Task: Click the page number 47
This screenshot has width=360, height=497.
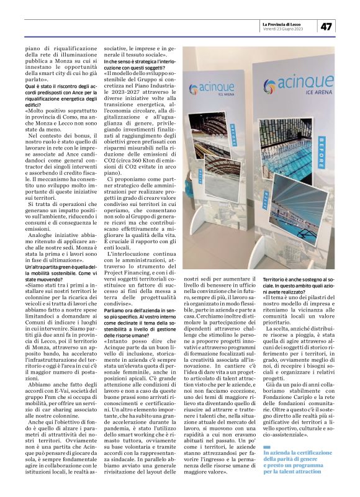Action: click(327, 26)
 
